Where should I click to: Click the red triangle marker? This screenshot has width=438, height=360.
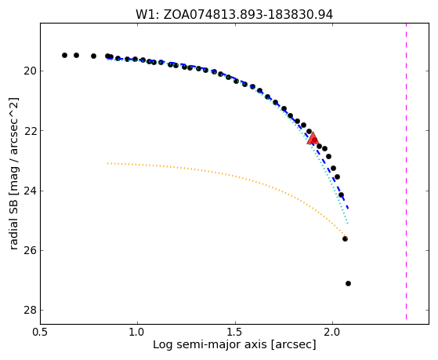click(313, 138)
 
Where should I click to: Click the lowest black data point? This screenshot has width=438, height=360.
click(348, 284)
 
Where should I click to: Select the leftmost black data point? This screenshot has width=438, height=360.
click(64, 55)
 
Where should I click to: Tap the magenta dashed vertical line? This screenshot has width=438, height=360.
click(406, 171)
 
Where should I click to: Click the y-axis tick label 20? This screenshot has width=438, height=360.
click(30, 71)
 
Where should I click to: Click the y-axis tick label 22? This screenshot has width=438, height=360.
click(30, 131)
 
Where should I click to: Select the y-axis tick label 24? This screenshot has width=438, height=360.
click(30, 191)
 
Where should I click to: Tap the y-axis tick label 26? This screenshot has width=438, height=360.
click(30, 251)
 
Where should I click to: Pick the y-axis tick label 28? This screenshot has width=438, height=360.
click(30, 311)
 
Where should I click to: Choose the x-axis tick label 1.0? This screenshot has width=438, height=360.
click(137, 332)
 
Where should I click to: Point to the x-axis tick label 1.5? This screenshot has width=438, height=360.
click(236, 332)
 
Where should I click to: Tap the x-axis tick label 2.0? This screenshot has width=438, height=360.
click(333, 332)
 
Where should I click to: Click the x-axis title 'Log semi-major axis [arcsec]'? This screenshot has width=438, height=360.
click(234, 344)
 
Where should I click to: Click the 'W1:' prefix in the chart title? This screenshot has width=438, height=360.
click(147, 15)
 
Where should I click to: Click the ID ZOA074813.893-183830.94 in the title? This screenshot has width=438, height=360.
click(248, 15)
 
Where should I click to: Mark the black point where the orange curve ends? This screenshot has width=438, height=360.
click(345, 238)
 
